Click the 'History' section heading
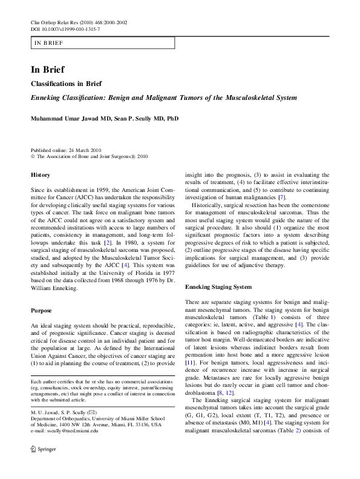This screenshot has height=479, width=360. (x=41, y=174)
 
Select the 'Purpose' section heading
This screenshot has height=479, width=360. (x=41, y=310)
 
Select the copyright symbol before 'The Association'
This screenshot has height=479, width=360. (x=33, y=156)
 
